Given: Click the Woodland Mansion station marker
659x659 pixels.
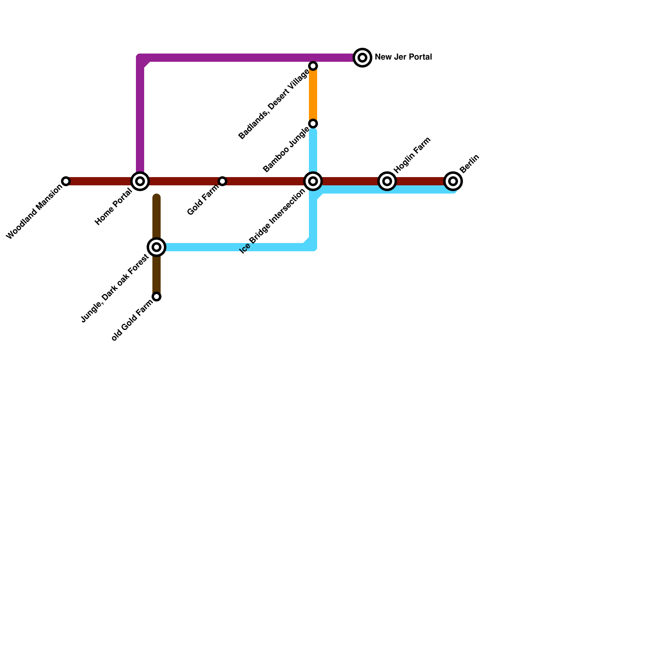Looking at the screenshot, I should [66, 181].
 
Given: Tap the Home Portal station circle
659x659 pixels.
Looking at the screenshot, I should [140, 181].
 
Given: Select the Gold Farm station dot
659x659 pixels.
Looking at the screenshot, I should [222, 181].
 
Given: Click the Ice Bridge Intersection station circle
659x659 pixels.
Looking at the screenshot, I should [313, 181].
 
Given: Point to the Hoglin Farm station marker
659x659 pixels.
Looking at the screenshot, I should [387, 181].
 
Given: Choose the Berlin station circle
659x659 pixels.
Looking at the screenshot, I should [453, 181].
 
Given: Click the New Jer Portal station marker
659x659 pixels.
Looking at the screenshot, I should [362, 58].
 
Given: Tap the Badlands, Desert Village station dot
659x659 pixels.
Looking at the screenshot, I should [313, 66].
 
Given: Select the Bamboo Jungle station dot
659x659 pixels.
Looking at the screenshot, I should [313, 124].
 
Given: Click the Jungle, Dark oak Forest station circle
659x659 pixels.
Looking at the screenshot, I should [157, 247].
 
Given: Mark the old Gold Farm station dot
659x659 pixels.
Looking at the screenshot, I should [157, 297].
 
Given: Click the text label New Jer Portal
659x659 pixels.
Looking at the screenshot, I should [403, 57].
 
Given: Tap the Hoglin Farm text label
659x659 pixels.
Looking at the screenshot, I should [412, 155].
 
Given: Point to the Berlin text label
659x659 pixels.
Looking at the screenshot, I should [470, 164].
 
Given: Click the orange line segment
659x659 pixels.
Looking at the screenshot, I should [313, 95].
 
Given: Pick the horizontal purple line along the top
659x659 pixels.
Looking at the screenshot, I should [247, 58].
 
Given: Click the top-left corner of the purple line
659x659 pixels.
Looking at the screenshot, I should [140, 58].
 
